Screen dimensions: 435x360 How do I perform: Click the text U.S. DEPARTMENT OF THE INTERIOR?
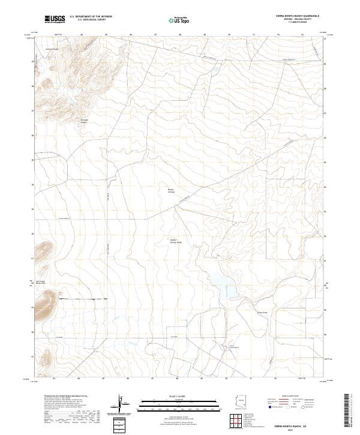click(91, 16)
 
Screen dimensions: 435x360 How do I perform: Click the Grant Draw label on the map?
click(262, 312)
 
